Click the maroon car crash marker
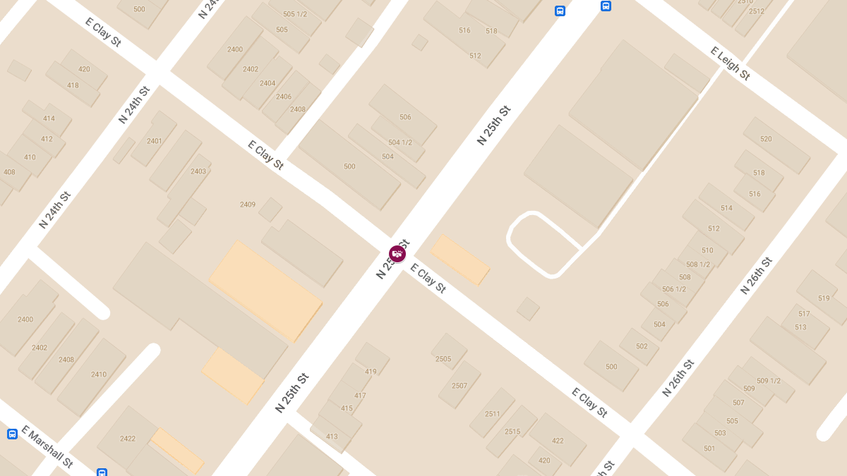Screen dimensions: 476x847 point(397,254)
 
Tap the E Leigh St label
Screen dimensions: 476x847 point(730,63)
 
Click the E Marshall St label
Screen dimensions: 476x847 point(47,446)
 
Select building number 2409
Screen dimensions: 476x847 point(247,205)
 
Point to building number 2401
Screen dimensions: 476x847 point(155,141)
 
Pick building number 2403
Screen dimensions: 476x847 point(198,171)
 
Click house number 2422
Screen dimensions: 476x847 point(128,439)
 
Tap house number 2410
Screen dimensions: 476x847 point(99,374)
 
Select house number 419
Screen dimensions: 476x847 point(371,372)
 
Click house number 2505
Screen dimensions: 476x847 point(443,359)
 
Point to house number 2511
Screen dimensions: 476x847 point(493,414)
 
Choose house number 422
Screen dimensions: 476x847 point(558,441)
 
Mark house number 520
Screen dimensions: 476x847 point(766,139)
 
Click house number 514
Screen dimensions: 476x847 point(726,208)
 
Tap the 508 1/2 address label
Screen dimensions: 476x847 point(698,264)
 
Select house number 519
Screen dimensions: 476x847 point(824,298)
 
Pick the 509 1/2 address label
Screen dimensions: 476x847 point(769,381)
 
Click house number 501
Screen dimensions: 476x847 point(709,448)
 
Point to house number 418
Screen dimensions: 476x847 point(73,85)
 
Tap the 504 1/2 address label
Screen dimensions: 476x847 point(400,142)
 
